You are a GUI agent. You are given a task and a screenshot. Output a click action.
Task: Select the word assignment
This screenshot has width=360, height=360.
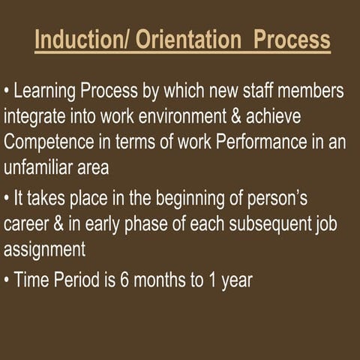(44, 250)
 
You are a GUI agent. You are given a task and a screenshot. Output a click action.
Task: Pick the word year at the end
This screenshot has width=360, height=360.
(235, 282)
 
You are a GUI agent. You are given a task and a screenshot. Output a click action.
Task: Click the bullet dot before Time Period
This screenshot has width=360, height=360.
(7, 281)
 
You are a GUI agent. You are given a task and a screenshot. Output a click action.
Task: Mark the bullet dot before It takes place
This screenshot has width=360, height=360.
(7, 199)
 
